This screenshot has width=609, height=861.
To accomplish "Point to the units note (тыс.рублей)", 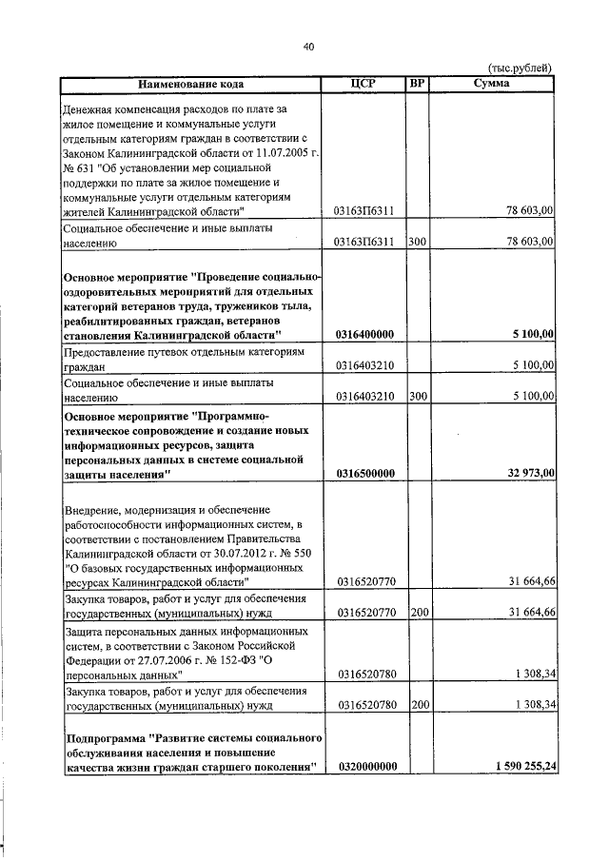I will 519,68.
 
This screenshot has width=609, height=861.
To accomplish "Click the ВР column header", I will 417,84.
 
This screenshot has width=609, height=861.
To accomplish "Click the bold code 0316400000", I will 365,334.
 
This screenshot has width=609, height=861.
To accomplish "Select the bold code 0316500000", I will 365,473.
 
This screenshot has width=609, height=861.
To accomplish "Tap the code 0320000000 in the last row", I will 365,766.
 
